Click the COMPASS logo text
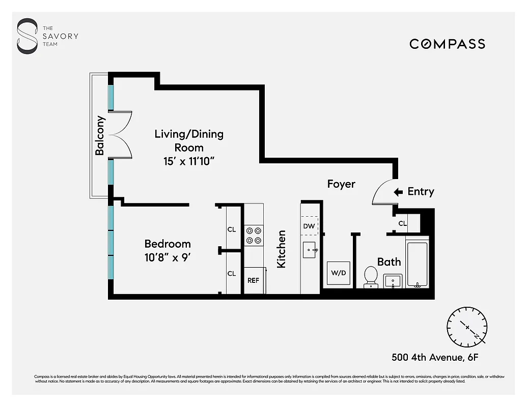point(447,44)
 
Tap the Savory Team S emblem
point(27,36)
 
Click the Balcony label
point(100,136)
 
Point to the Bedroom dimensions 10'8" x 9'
point(168,257)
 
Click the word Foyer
point(341,184)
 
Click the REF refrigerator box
point(254,280)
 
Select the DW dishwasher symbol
point(309,226)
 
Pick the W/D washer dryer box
point(338,273)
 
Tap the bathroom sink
point(393,280)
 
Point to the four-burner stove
point(254,235)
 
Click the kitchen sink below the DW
point(310,250)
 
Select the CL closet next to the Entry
point(402,223)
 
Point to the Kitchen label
point(281,249)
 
